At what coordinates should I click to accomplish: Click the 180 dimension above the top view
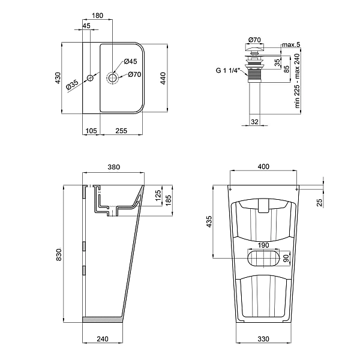pyautogui.click(x=97, y=15)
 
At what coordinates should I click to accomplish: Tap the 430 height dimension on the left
pyautogui.click(x=58, y=77)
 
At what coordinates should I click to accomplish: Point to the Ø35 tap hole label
pyautogui.click(x=72, y=86)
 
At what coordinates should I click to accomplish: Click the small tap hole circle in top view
pyautogui.click(x=90, y=78)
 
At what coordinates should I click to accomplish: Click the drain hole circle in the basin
pyautogui.click(x=112, y=77)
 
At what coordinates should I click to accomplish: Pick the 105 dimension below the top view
pyautogui.click(x=91, y=131)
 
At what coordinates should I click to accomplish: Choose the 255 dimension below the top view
pyautogui.click(x=121, y=131)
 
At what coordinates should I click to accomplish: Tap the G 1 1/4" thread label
pyautogui.click(x=228, y=70)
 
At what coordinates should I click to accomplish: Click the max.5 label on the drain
pyautogui.click(x=290, y=45)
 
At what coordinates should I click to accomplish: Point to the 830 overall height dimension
pyautogui.click(x=58, y=255)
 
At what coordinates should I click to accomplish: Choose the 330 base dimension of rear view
pyautogui.click(x=263, y=339)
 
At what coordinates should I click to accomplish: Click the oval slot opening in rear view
pyautogui.click(x=263, y=259)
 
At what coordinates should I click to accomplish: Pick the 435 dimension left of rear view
pyautogui.click(x=209, y=221)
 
